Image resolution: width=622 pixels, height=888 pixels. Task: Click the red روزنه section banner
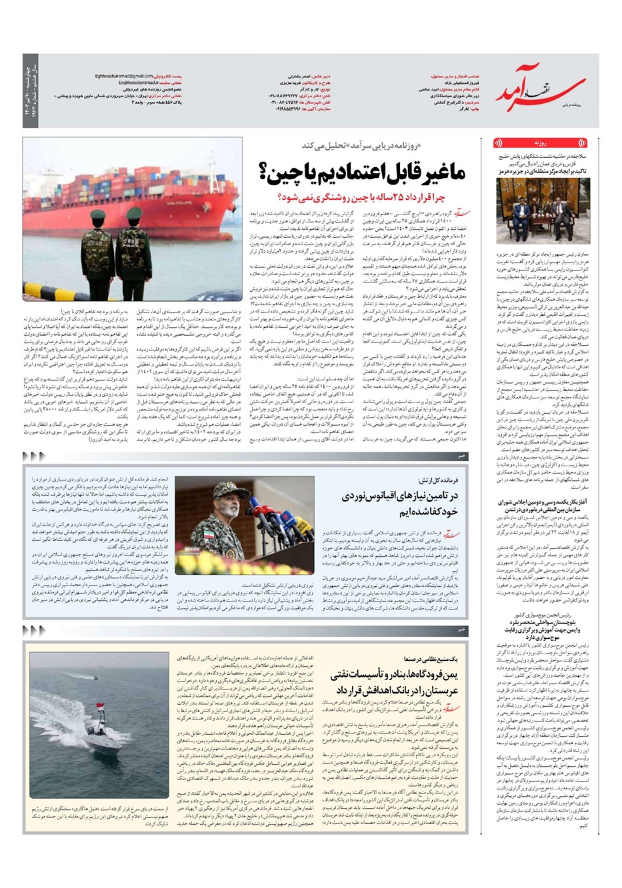click(541, 143)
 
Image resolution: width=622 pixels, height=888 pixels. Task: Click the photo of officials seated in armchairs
click(541, 211)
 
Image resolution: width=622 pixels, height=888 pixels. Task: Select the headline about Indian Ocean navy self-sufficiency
click(399, 504)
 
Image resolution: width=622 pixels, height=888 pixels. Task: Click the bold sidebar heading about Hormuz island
click(541, 172)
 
